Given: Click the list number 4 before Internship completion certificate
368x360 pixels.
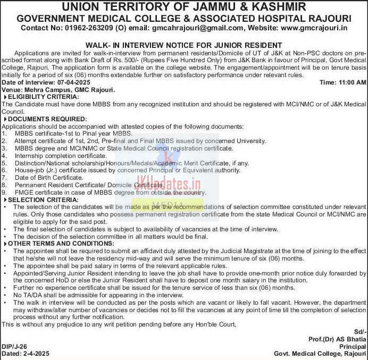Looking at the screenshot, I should tap(4, 155).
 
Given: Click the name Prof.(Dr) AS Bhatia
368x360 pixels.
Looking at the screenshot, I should tap(337, 338).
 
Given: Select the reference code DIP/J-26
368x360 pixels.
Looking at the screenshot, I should tap(14, 346).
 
